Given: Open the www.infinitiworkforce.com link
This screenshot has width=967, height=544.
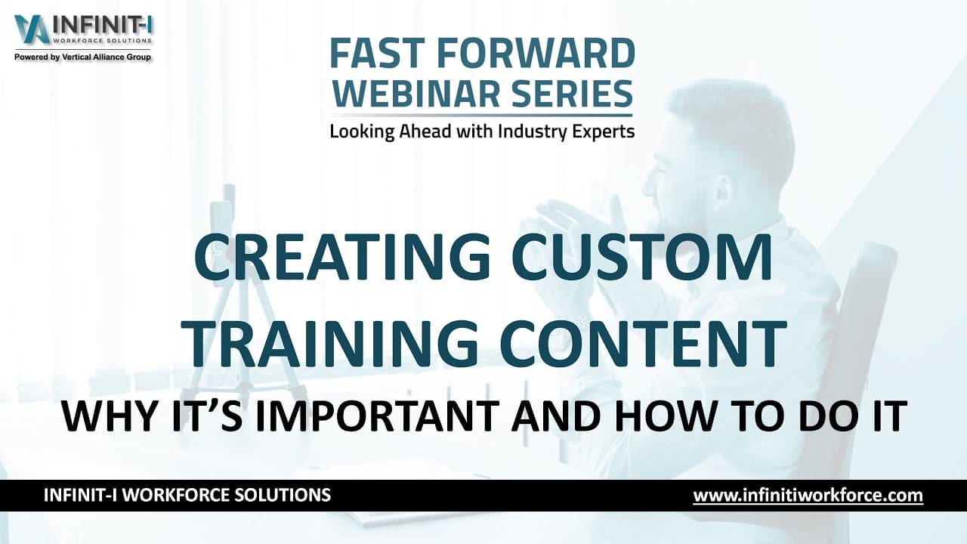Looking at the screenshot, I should pyautogui.click(x=808, y=496).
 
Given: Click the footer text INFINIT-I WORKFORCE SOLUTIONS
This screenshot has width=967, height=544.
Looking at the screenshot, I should pyautogui.click(x=187, y=496).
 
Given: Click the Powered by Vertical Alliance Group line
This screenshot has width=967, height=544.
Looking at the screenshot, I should pyautogui.click(x=83, y=57).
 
